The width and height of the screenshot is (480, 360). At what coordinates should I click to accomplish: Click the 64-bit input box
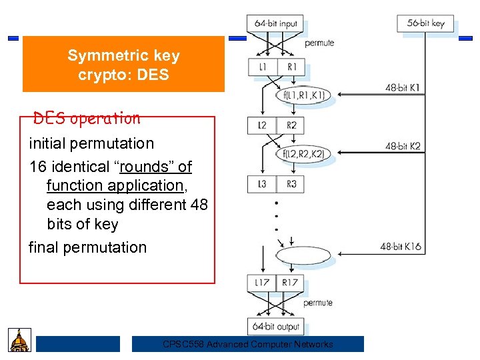(275, 23)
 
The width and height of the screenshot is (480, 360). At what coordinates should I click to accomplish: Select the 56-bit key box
(425, 23)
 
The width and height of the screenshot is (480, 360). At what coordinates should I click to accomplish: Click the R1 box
(291, 67)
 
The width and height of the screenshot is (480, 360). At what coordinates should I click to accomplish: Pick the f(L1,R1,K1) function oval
(303, 95)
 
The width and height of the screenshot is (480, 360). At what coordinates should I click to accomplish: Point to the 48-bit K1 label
(403, 87)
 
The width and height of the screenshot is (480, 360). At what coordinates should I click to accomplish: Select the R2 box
(291, 125)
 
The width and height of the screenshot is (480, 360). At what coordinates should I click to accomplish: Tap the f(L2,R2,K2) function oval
(303, 154)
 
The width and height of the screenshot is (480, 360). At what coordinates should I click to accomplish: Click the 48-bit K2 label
(403, 146)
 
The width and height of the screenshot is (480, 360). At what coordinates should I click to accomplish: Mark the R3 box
(291, 183)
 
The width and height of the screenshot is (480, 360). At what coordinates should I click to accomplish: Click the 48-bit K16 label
(401, 247)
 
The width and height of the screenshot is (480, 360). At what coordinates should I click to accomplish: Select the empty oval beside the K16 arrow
(303, 256)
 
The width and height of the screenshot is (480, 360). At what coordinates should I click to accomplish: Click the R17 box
(289, 283)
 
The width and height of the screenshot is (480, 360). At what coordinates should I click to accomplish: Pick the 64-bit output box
(275, 326)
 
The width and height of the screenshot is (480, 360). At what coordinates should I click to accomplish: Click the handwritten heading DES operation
(87, 119)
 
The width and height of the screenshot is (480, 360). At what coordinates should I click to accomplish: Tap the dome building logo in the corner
(19, 340)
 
